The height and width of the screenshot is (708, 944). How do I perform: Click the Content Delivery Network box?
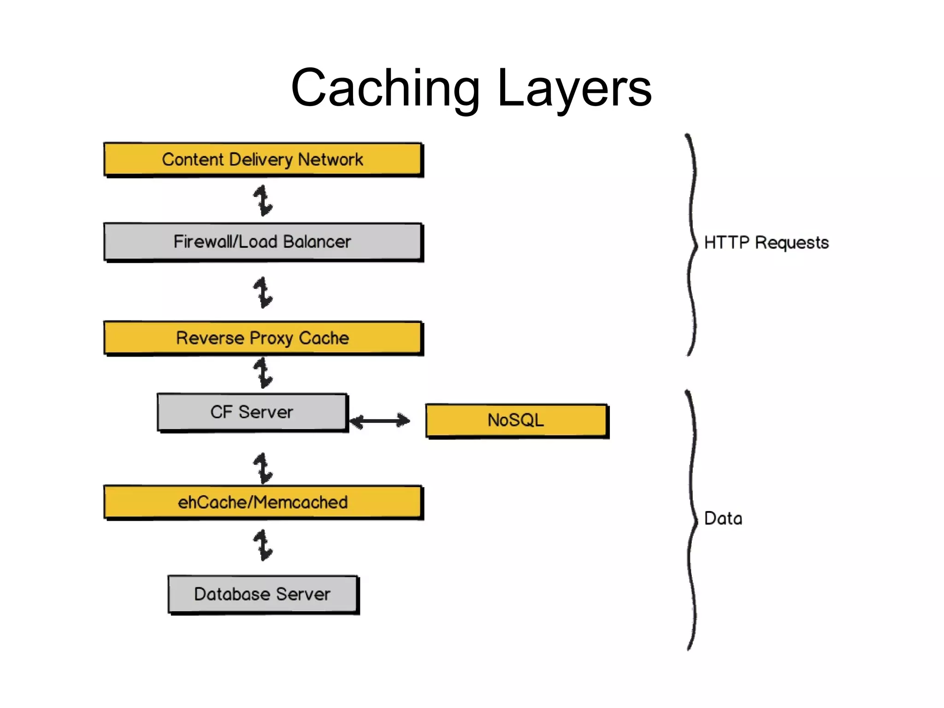click(x=263, y=160)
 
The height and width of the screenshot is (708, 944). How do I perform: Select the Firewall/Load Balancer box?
click(x=263, y=242)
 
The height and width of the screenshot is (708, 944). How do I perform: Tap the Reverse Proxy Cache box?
click(x=263, y=338)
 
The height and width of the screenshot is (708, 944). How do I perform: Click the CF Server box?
click(x=252, y=412)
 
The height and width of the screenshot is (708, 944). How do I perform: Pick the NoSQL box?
click(x=516, y=420)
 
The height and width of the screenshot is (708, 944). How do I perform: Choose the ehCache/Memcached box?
click(x=263, y=502)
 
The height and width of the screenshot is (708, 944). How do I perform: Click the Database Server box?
click(x=263, y=594)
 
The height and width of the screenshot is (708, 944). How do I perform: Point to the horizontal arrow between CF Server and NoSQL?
click(x=380, y=420)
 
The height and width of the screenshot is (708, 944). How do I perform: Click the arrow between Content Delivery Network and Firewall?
click(x=263, y=201)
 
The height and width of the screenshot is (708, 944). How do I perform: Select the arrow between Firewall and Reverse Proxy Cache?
click(x=263, y=292)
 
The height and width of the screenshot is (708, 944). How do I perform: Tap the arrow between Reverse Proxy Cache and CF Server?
click(x=263, y=373)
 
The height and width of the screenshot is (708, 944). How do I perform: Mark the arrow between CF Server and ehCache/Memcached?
click(x=263, y=468)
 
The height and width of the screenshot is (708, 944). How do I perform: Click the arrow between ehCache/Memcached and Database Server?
click(x=263, y=545)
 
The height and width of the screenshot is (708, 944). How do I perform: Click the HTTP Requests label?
click(x=766, y=243)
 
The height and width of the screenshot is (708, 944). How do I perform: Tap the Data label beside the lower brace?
click(x=723, y=518)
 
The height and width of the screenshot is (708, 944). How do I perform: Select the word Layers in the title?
click(x=574, y=88)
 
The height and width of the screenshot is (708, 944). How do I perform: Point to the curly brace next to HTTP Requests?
click(x=691, y=244)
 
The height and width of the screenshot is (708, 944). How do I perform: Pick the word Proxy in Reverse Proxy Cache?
click(x=271, y=339)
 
